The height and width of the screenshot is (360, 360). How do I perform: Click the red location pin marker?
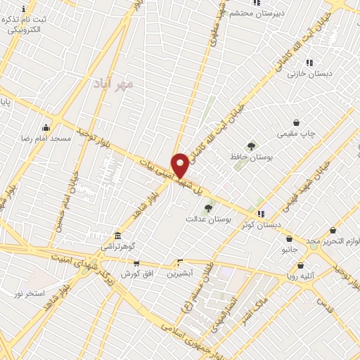click(x=180, y=165)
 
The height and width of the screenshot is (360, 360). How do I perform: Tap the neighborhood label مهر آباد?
click(x=112, y=84)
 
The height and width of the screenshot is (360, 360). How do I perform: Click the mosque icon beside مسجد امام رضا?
click(x=46, y=127)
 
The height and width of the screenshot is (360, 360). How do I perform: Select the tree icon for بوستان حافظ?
click(x=251, y=146)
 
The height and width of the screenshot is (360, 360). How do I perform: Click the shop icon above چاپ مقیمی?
click(x=296, y=122)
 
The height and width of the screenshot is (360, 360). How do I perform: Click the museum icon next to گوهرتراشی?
click(x=117, y=236)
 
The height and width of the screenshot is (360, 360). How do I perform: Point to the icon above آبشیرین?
click(x=180, y=262)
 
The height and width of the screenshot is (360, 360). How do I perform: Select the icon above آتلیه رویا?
click(x=301, y=266)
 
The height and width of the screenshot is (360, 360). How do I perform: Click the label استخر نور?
click(x=30, y=292)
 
